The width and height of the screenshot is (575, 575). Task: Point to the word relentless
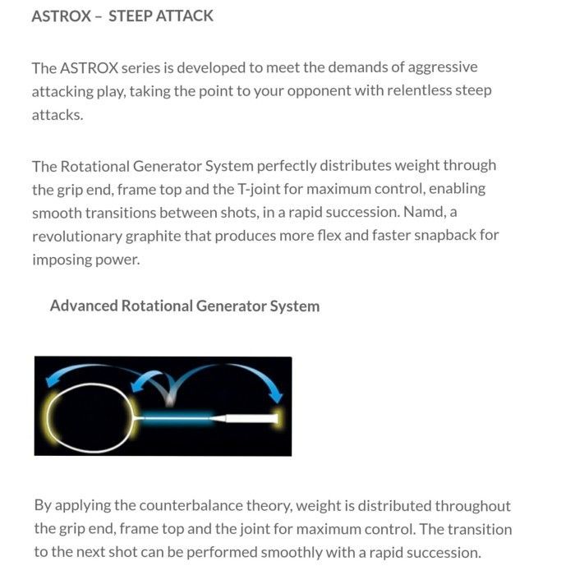pos(405,90)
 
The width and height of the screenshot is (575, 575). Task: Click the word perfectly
pos(292,165)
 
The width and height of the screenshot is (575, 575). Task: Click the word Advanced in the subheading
pos(83,306)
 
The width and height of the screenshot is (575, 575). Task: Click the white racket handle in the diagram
pos(246,418)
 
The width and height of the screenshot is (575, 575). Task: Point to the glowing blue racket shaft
pos(176,418)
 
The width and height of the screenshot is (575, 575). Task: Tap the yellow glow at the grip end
pos(277,417)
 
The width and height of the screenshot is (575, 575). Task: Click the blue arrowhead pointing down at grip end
pos(272,398)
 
